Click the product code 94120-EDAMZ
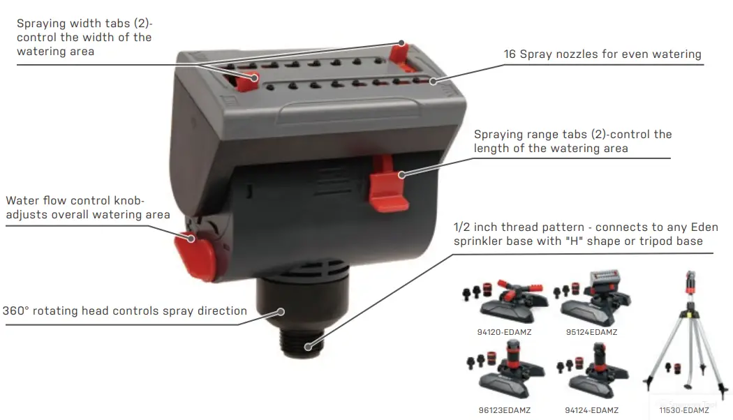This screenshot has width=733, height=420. click(504, 332)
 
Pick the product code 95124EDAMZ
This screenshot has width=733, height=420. click(591, 332)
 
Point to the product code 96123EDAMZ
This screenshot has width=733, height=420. click(504, 410)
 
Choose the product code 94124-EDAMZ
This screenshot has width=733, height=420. click(591, 410)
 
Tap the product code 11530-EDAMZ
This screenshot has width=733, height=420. click(683, 410)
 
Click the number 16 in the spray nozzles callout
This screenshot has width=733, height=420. click(510, 54)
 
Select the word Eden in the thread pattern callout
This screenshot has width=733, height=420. click(703, 227)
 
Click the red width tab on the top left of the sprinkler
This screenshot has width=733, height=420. click(246, 80)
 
